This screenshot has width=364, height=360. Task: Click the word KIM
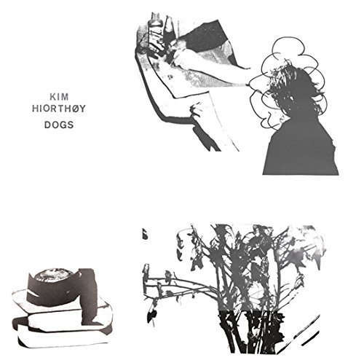click(x=59, y=97)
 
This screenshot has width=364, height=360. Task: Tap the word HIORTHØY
click(x=59, y=109)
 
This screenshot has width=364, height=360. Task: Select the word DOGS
click(x=59, y=125)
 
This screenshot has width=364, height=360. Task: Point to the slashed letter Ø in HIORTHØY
click(x=75, y=109)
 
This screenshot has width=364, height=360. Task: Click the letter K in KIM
click(x=52, y=97)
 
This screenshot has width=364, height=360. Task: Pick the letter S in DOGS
click(x=70, y=125)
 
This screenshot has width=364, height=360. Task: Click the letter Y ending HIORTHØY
click(x=83, y=109)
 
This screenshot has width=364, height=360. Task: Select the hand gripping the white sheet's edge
click(x=197, y=111)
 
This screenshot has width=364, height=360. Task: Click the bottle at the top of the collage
click(x=156, y=31)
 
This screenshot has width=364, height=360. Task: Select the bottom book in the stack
click(x=64, y=334)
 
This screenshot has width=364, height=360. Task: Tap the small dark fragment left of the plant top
click(x=145, y=234)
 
